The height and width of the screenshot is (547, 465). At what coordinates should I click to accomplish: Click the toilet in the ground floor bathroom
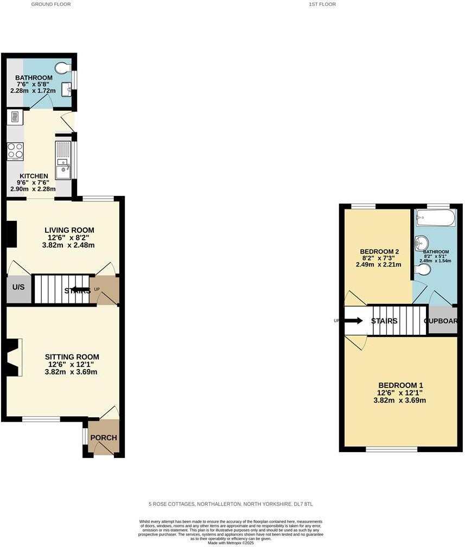pos(63,68)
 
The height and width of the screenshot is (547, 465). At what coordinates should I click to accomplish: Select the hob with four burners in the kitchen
pos(15,150)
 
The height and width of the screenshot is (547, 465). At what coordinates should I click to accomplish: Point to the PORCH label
pos(103,438)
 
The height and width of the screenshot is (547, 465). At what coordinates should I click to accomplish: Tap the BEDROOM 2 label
pos(379,252)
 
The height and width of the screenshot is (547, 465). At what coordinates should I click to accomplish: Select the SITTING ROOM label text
pos(72,357)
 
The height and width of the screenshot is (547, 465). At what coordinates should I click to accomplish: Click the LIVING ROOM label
pos(69,230)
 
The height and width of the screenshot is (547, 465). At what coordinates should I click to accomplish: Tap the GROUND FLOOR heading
pos(51,4)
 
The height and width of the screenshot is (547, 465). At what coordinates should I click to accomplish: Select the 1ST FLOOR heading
pos(322,4)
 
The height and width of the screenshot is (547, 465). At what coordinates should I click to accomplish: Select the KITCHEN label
pos(34,176)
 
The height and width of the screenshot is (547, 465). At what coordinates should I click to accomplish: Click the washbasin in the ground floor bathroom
pos(66,88)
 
